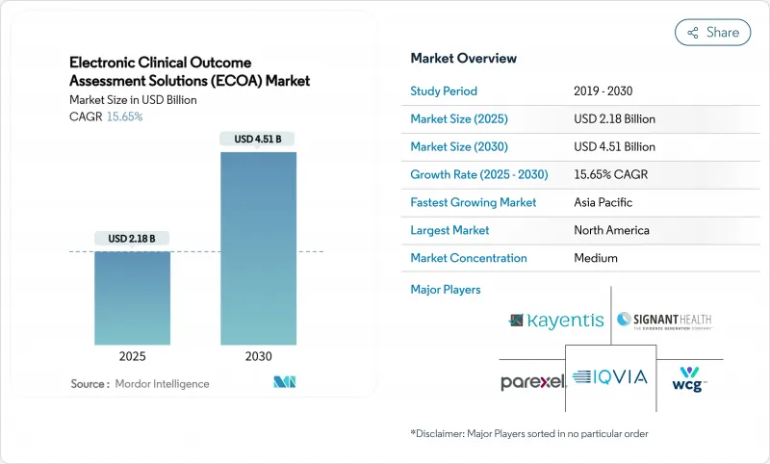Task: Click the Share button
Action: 713,32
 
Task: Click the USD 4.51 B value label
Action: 258,140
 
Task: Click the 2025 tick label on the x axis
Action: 132,356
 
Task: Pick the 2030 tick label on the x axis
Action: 258,356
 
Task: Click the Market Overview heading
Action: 463,59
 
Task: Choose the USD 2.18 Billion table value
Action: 614,119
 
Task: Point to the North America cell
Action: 611,231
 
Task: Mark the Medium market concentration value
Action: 595,258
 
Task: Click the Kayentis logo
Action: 555,321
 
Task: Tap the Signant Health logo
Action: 664,321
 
